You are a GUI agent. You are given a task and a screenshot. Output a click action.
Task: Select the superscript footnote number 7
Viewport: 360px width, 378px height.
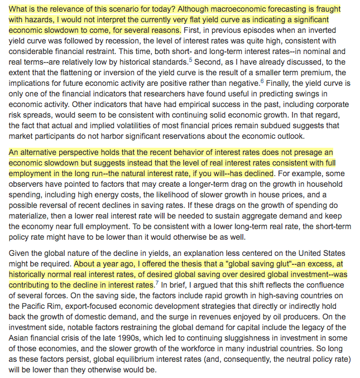156,282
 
